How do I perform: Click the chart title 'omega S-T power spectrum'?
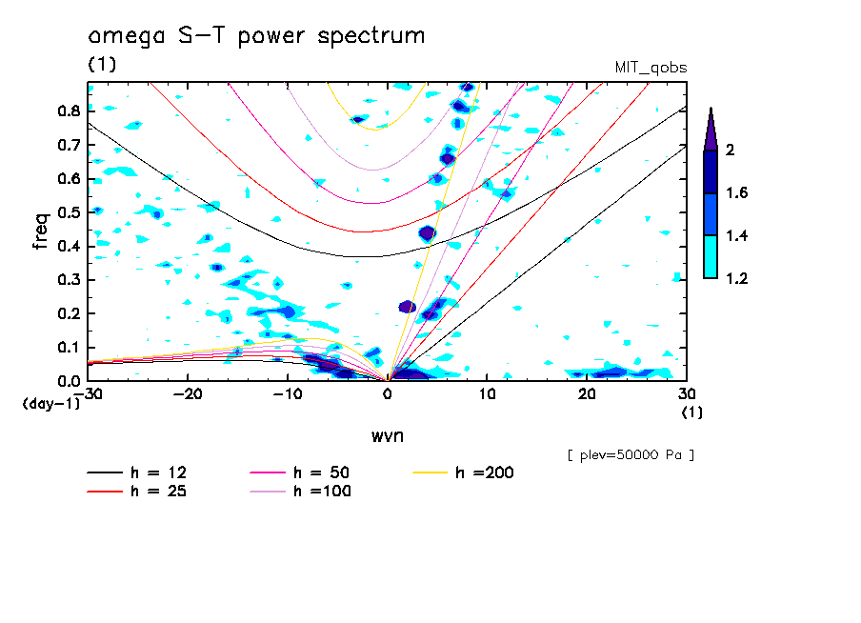point(256,37)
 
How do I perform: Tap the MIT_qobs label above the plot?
point(651,68)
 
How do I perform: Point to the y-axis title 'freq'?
point(41,231)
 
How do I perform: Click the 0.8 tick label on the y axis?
point(69,111)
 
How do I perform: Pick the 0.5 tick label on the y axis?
point(69,212)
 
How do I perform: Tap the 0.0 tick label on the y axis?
point(69,380)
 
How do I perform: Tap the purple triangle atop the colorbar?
point(711,129)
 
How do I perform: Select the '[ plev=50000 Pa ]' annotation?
point(631,455)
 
